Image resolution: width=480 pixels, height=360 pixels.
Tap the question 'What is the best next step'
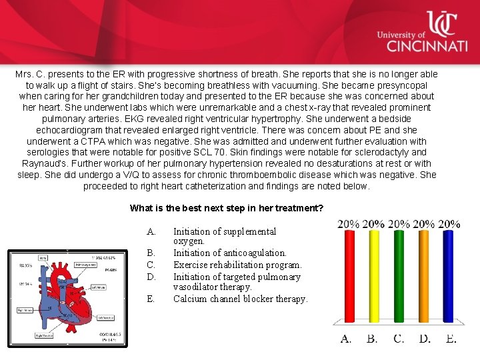point(226,208)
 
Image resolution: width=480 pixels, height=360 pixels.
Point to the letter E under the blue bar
point(451,339)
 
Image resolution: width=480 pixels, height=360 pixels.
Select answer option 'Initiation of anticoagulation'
point(229,253)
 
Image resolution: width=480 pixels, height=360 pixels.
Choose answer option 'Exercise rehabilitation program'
point(237,265)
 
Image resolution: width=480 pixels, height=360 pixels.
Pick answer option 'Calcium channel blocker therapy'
point(240,299)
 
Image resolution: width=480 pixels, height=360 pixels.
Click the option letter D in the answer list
point(151,277)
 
